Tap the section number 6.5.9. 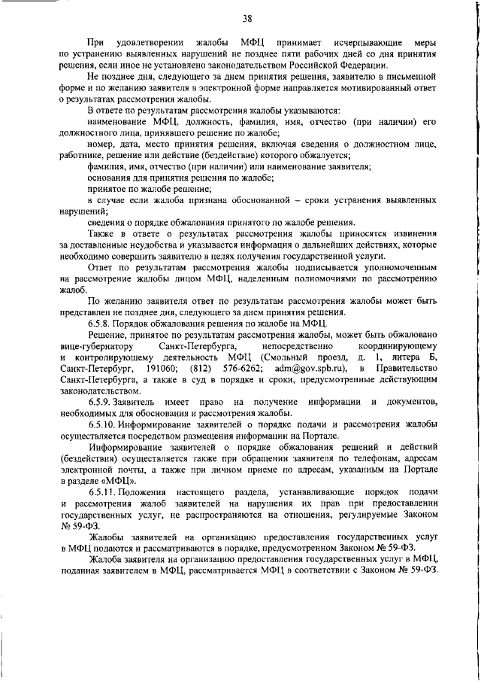pos(101,403)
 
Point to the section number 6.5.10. pos(104,425)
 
